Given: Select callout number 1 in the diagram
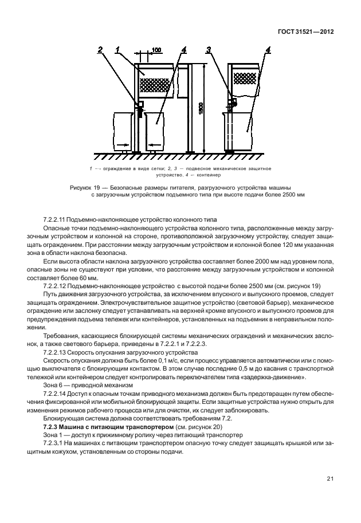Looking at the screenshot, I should (116, 50).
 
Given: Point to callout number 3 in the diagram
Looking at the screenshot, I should (210, 50).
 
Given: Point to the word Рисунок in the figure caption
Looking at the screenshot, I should (81, 187).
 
